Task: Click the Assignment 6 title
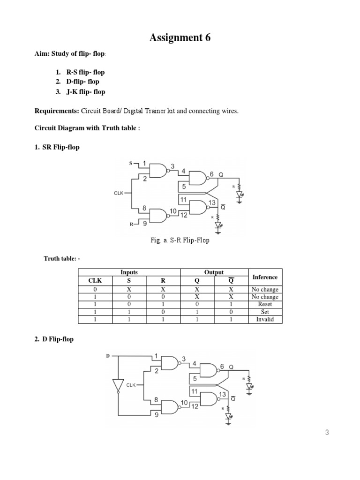(180, 38)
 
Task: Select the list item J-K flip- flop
(84, 92)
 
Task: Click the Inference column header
(265, 277)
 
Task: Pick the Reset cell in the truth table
(265, 304)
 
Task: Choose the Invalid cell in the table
(265, 320)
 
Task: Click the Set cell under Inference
(265, 312)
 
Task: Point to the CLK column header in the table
(95, 281)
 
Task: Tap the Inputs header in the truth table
(129, 272)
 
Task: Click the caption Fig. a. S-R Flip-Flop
(180, 240)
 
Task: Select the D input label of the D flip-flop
(107, 356)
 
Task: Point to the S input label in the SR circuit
(131, 163)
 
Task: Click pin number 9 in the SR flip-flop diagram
(144, 224)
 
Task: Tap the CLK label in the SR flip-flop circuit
(119, 192)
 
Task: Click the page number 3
(327, 433)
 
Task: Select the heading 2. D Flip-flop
(54, 339)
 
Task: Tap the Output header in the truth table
(214, 272)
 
